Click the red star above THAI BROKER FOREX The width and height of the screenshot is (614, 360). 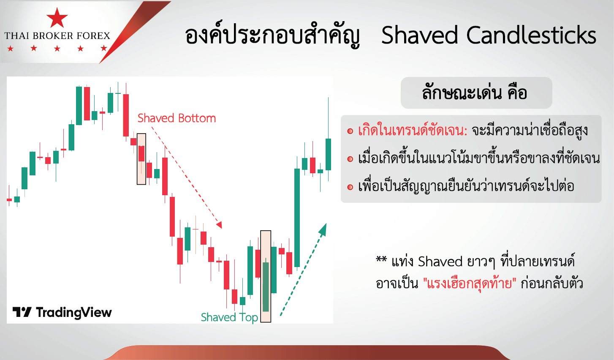57,18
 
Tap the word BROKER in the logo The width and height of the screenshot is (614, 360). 57,36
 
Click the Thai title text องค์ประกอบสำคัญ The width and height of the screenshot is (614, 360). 272,36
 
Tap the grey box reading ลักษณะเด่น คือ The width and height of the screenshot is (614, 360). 476,93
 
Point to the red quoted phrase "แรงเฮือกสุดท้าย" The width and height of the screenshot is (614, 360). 469,283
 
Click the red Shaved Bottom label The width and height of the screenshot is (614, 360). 177,118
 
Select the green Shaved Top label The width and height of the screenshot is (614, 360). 229,317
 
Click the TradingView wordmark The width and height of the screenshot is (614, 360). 62,312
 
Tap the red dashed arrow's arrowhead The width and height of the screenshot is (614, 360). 219,225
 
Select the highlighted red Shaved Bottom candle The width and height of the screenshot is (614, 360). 141,153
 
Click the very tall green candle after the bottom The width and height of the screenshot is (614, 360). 297,218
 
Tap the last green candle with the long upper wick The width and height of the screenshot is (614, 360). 328,154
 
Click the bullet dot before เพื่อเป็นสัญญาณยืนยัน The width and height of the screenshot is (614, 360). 350,187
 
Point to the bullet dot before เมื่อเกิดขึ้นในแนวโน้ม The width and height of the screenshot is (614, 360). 350,159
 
